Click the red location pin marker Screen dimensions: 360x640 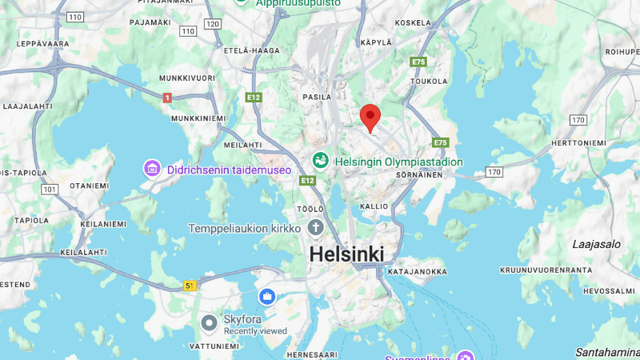pos(369,117)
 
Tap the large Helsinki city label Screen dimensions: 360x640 pos(346,254)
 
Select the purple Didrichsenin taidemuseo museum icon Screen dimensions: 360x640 pos(152,169)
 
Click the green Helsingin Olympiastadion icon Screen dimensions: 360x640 pos(321,161)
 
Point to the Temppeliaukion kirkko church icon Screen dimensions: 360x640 pos(316,228)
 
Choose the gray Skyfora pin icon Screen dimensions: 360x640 pos(209,322)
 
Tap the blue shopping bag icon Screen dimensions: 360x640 pos(266,297)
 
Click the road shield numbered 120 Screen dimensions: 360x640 pos(212,24)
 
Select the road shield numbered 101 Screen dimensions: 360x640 pos(50,190)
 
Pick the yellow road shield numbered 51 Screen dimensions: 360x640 pos(190,285)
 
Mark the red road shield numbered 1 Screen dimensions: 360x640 pos(166,98)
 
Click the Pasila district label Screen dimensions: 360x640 pos(317,97)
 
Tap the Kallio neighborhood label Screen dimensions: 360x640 pos(374,206)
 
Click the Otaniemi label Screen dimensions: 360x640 pos(89,185)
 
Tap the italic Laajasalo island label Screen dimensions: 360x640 pos(597,244)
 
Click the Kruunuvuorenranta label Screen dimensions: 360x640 pos(546,270)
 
